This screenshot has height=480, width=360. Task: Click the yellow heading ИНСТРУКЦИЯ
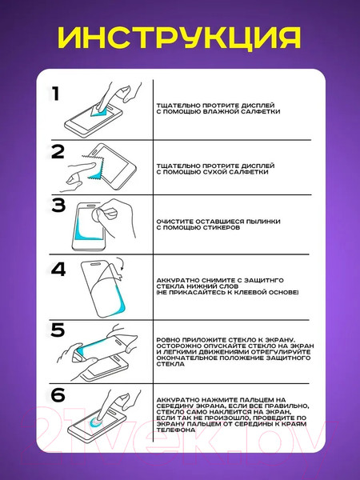[179, 38]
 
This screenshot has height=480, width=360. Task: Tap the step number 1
[55, 94]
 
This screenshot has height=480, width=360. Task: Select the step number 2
[58, 152]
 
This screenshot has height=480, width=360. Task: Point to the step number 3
[58, 205]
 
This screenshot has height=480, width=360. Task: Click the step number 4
[58, 270]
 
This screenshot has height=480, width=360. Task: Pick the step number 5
[58, 330]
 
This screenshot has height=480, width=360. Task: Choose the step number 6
[58, 395]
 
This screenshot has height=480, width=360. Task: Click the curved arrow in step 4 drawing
[120, 263]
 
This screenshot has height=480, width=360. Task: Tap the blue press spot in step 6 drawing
[97, 422]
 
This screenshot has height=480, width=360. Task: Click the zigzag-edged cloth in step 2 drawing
[94, 166]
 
